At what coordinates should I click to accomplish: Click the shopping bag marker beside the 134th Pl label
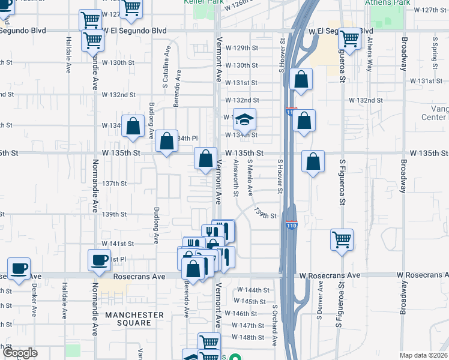(167, 142)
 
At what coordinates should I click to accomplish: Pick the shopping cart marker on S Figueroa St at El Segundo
(349, 39)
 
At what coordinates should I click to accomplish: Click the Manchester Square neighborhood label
(134, 319)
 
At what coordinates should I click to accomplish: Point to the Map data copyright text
(423, 355)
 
